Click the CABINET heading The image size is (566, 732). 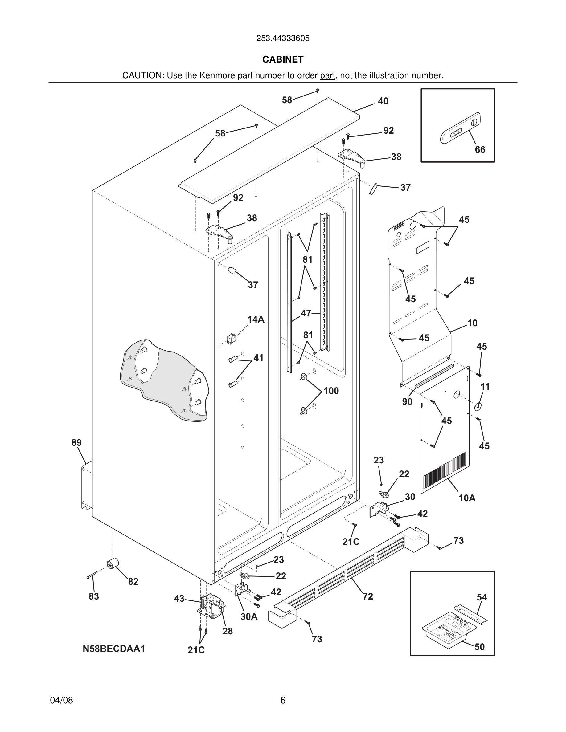click(283, 59)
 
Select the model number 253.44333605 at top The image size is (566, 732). click(283, 38)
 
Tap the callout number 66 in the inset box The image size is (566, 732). click(480, 149)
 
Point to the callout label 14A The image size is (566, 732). click(256, 319)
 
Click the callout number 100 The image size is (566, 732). click(331, 391)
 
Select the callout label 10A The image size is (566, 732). click(467, 498)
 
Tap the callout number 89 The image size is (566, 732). click(76, 442)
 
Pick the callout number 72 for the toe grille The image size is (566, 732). click(367, 596)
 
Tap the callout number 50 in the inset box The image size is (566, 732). click(479, 647)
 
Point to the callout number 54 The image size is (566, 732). click(482, 597)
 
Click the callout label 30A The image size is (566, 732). click(249, 616)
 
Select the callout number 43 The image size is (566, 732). click(179, 598)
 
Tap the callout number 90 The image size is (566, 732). click(407, 401)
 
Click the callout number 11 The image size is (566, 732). click(485, 386)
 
